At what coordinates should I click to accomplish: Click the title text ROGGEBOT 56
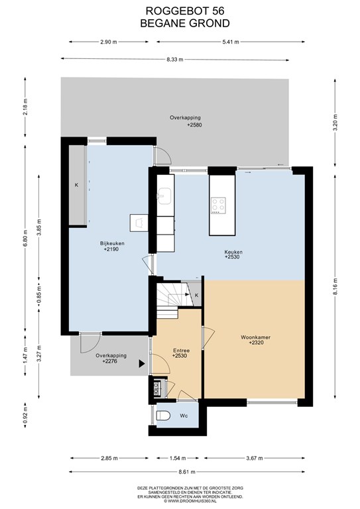[x=185, y=11]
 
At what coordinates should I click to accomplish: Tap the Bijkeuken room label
[x=112, y=243]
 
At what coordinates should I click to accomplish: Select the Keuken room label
[x=233, y=252]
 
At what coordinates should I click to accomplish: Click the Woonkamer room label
[x=255, y=337]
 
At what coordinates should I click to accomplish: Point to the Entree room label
[x=181, y=351]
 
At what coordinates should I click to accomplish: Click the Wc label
[x=184, y=416]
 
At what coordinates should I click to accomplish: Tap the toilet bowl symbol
[x=162, y=416]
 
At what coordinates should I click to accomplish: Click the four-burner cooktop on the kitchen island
[x=218, y=205]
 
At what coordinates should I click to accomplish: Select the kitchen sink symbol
[x=164, y=196]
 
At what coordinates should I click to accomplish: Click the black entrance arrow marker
[x=142, y=364]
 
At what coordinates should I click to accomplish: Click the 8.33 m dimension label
[x=175, y=60]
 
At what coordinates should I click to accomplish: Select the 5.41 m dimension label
[x=231, y=42]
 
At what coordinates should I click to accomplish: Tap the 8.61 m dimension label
[x=187, y=472]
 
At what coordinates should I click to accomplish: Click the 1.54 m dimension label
[x=178, y=458]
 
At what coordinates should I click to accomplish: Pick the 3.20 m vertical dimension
[x=335, y=123]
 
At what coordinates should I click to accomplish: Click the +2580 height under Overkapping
[x=194, y=125]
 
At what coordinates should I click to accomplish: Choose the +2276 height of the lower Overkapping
[x=109, y=361]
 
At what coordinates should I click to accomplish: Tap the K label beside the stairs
[x=197, y=295]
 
